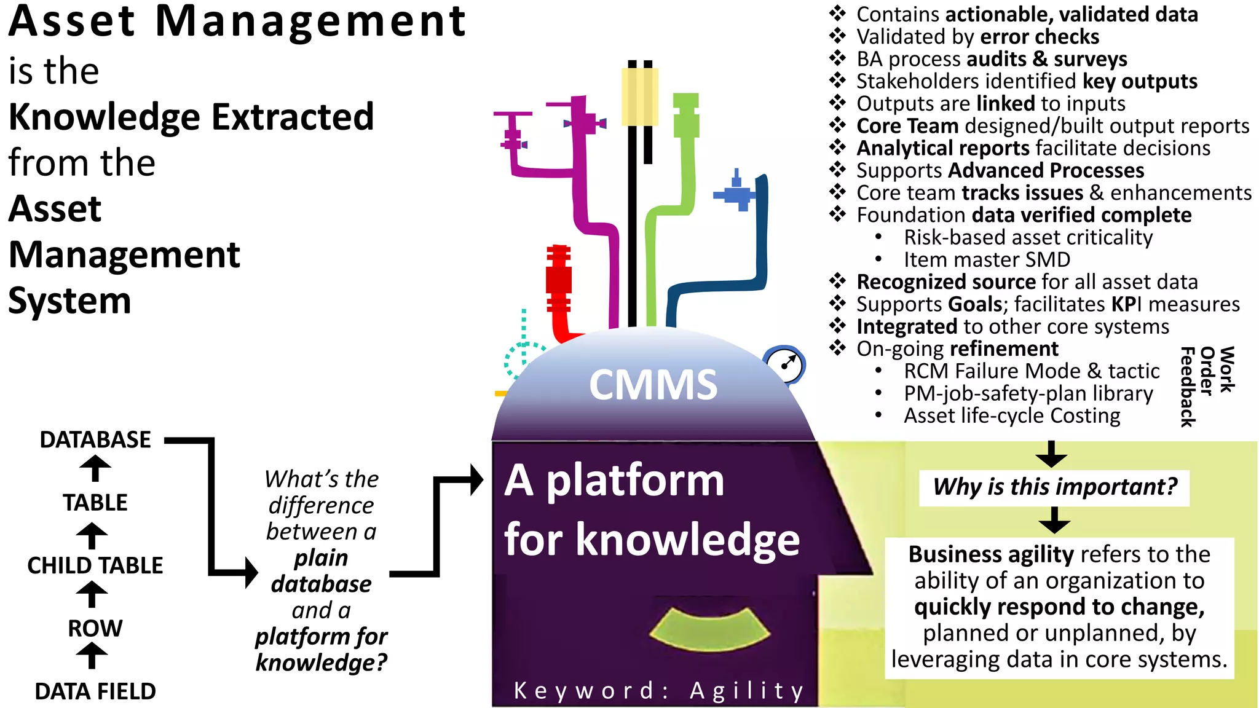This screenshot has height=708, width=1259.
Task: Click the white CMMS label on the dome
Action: pyautogui.click(x=653, y=385)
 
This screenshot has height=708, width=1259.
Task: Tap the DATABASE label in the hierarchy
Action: pyautogui.click(x=95, y=440)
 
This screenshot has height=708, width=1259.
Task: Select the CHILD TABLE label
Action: pyautogui.click(x=95, y=565)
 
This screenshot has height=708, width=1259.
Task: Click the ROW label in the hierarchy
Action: pyautogui.click(x=95, y=628)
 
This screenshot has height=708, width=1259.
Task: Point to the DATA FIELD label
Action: pyautogui.click(x=95, y=691)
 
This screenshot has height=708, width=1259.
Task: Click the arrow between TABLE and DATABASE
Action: pyautogui.click(x=95, y=470)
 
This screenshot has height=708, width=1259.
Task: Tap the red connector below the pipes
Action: pyautogui.click(x=559, y=289)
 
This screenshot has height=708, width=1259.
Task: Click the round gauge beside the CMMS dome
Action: pyautogui.click(x=785, y=365)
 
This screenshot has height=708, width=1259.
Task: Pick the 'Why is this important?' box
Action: pyautogui.click(x=1054, y=487)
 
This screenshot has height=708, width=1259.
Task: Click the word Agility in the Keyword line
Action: pyautogui.click(x=747, y=691)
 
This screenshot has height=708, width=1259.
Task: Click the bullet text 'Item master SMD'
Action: pyautogui.click(x=987, y=259)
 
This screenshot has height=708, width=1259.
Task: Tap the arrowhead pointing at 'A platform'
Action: pyautogui.click(x=476, y=479)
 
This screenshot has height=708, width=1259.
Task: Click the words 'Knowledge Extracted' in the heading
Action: pyautogui.click(x=191, y=117)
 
